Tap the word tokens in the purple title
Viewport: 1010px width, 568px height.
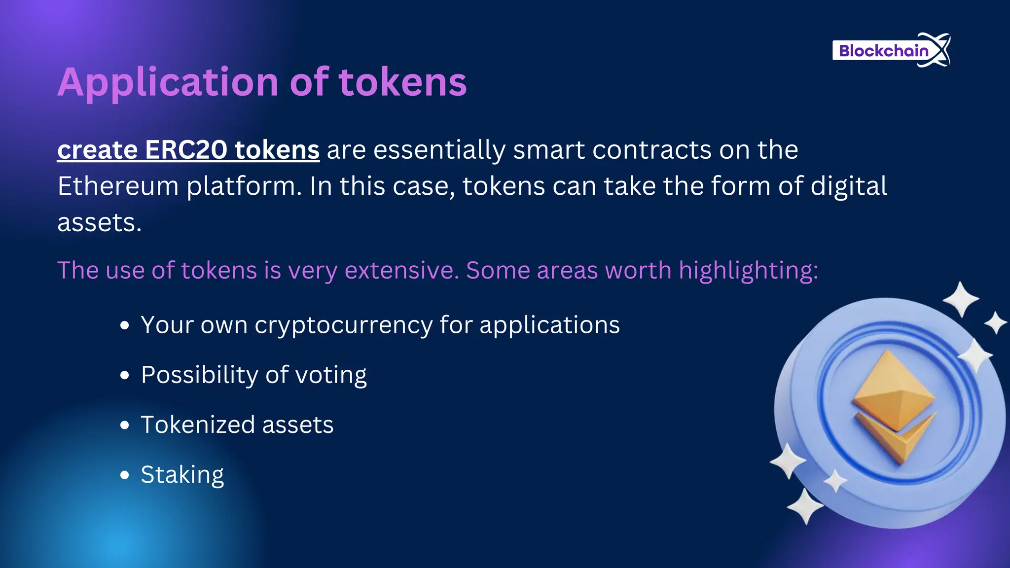[x=402, y=82]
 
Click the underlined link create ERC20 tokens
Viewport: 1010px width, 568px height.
[x=188, y=150]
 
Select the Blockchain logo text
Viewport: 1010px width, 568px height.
[x=883, y=51]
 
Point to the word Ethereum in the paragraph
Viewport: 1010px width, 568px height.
[x=118, y=186]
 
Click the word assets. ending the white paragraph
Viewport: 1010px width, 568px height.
[x=99, y=223]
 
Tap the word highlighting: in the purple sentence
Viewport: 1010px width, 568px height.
[x=748, y=271]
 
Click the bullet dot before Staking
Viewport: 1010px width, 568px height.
[x=125, y=475]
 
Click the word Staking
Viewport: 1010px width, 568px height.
[x=182, y=475]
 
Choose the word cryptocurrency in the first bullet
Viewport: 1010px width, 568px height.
[x=343, y=325]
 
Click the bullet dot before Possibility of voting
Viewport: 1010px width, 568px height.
[x=125, y=375]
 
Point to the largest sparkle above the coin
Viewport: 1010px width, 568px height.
[x=960, y=299]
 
